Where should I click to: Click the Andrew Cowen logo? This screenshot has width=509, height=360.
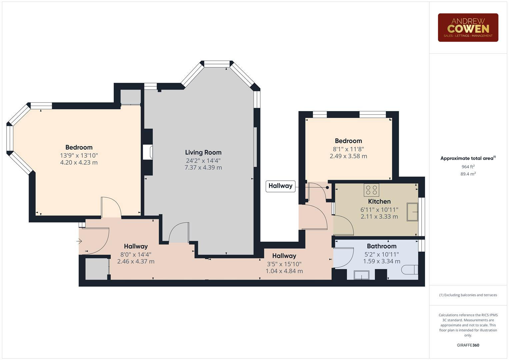coord(468,27)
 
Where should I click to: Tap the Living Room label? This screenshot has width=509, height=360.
coord(203,152)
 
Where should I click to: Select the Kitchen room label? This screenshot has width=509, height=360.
coord(379,201)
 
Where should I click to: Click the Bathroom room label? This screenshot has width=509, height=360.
coord(382,246)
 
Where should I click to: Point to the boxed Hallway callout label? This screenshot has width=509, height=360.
coord(280,186)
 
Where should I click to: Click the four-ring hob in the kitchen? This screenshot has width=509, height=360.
coord(371,190)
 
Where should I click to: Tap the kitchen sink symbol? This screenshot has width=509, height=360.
coord(412,212)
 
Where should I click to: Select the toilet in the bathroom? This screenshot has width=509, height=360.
coord(409,270)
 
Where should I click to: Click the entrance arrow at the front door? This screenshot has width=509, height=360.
coord(79,241)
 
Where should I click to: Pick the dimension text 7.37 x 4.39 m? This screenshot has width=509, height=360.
coord(203,167)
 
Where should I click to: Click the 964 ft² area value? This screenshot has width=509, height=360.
coord(468,167)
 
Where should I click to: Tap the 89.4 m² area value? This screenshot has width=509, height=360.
coord(468,174)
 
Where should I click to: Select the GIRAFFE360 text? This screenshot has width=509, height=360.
coord(468,345)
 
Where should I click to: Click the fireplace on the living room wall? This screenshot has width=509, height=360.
coord(148,152)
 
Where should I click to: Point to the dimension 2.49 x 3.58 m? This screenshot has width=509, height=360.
coord(348,156)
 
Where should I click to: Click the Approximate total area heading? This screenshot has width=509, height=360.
coord(468,158)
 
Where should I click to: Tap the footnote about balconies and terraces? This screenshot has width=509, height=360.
coord(468,295)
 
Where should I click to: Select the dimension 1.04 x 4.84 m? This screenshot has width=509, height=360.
coord(284,271)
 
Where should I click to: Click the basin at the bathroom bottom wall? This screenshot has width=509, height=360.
coord(362,275)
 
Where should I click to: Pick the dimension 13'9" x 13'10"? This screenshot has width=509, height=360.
coord(79,155)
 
